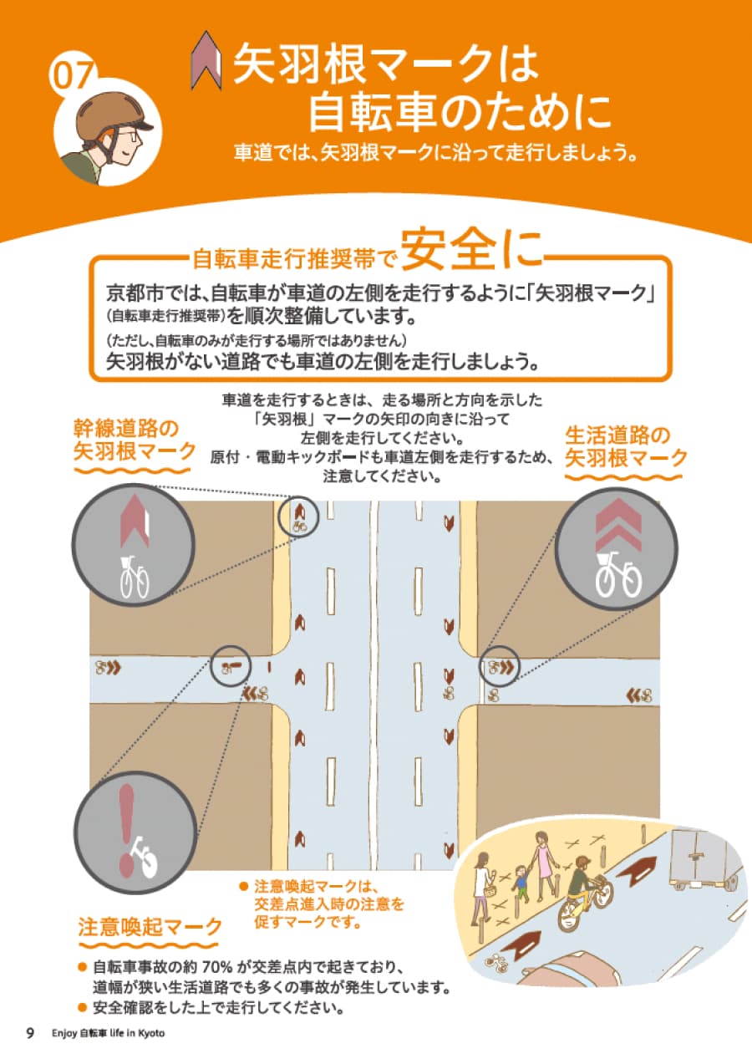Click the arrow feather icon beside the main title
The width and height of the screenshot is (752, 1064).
206,62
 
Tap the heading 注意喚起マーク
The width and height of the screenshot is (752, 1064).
150,927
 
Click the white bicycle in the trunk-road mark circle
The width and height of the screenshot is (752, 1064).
133,576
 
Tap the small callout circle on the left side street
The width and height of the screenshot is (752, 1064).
231,666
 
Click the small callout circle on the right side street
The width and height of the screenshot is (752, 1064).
499,667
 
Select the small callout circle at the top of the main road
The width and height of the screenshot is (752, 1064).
298,517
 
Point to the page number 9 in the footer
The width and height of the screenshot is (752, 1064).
30,1033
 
